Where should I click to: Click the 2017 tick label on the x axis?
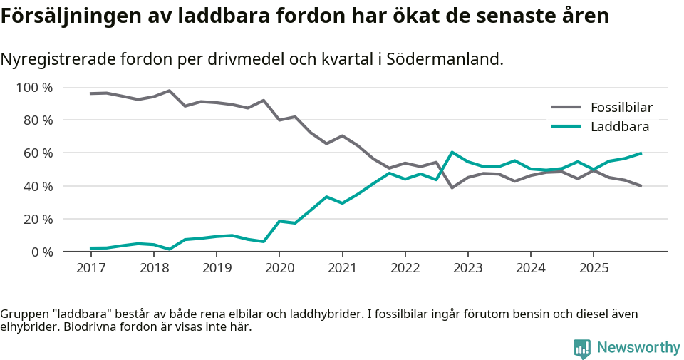click(x=90, y=268)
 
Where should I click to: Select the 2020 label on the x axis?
click(x=279, y=268)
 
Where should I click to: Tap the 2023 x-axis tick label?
click(x=467, y=268)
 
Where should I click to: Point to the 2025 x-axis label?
click(x=593, y=268)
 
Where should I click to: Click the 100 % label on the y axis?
click(x=35, y=88)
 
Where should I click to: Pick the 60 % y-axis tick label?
click(x=38, y=153)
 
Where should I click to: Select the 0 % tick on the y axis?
click(x=41, y=252)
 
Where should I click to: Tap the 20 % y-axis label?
click(x=38, y=219)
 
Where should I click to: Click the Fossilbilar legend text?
click(x=621, y=108)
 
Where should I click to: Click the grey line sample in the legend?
click(x=566, y=108)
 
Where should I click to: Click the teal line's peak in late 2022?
click(x=452, y=152)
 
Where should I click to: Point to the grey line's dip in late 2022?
click(x=452, y=187)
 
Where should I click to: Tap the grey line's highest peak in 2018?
click(x=169, y=91)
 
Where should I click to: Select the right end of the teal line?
click(x=641, y=153)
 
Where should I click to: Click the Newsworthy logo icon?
click(x=581, y=348)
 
